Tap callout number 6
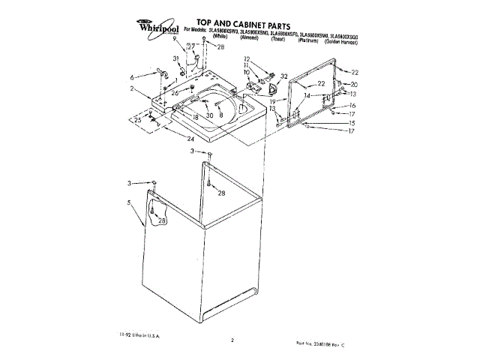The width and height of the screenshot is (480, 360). (x=133, y=77)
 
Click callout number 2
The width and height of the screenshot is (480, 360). (x=131, y=89)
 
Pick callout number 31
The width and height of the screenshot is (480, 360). (x=176, y=58)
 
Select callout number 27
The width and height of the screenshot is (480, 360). (x=191, y=46)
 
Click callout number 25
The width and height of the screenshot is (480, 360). (x=137, y=120)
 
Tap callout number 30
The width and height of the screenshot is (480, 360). (x=210, y=115)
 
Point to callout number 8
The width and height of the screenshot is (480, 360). (x=221, y=115)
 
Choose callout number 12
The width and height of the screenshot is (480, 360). (x=247, y=58)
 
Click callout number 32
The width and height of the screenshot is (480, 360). (x=283, y=76)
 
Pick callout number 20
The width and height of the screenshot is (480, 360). (x=354, y=84)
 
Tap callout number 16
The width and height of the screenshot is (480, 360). (x=351, y=106)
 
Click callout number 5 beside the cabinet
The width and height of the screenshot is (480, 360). (x=129, y=202)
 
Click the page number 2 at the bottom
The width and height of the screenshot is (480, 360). (x=232, y=340)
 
